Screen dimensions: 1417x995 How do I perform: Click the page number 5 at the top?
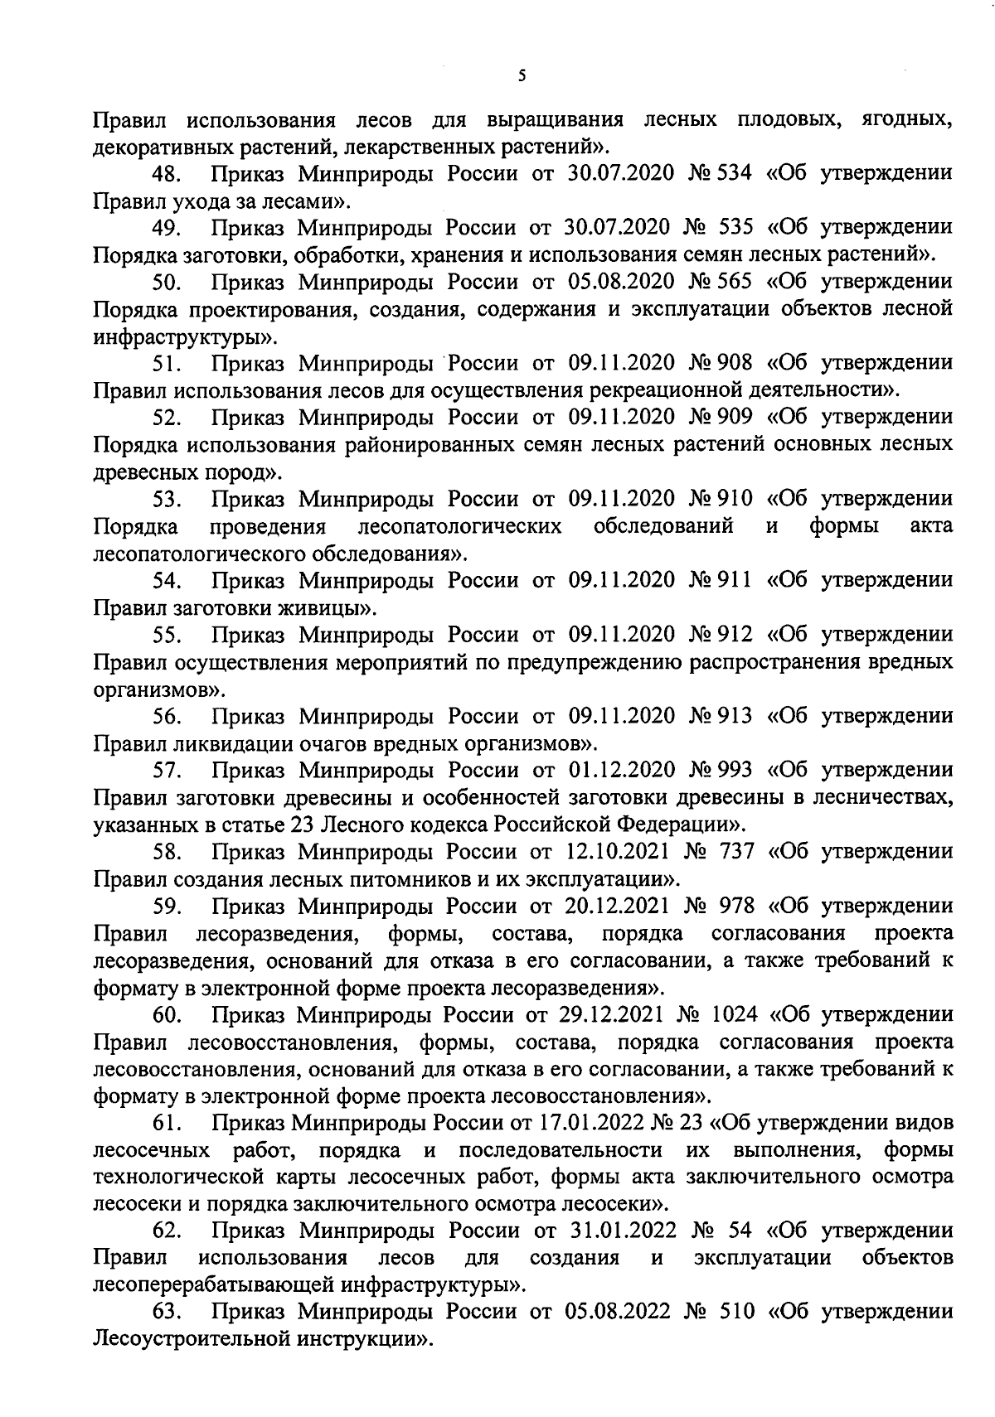(x=521, y=76)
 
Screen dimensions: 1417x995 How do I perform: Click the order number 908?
(x=732, y=363)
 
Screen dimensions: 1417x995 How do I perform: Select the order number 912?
(x=732, y=635)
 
